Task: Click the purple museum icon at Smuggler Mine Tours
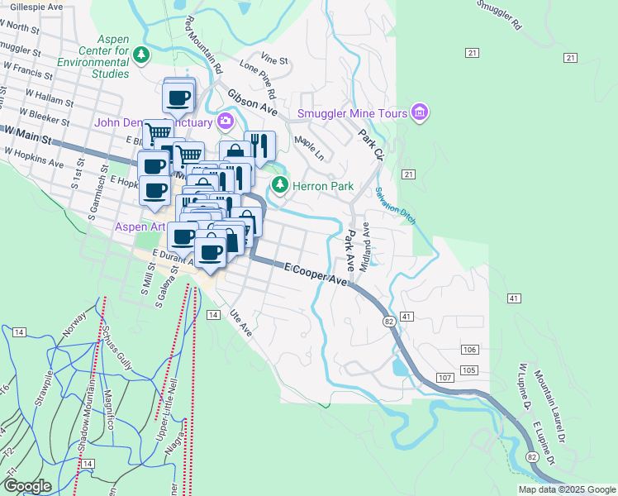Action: pyautogui.click(x=420, y=112)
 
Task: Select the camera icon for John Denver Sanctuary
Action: pyautogui.click(x=225, y=122)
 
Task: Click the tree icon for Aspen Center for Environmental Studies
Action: pyautogui.click(x=141, y=55)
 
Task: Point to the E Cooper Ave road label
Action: pyautogui.click(x=316, y=275)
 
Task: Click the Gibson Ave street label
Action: pyautogui.click(x=252, y=102)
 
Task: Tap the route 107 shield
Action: pyautogui.click(x=444, y=378)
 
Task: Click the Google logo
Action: pyautogui.click(x=26, y=486)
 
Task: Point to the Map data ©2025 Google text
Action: pyautogui.click(x=566, y=489)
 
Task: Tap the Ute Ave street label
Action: pyautogui.click(x=240, y=323)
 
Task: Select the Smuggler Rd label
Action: pyautogui.click(x=500, y=16)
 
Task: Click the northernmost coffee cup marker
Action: pyautogui.click(x=179, y=98)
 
